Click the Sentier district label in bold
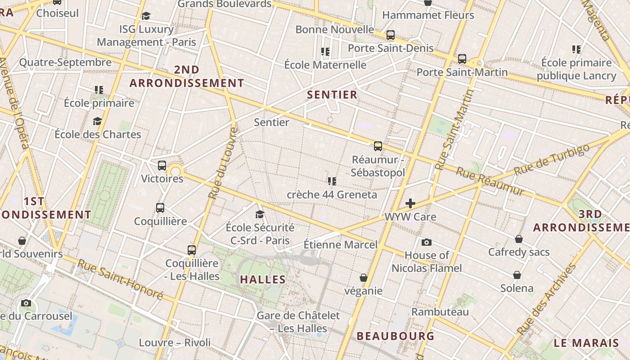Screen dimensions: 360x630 [x=332, y=95]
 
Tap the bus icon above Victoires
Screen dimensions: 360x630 [x=162, y=165]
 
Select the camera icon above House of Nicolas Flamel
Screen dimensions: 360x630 [x=427, y=243]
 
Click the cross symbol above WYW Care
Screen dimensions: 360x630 [x=410, y=203]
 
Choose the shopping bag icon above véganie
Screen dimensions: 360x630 [x=364, y=278]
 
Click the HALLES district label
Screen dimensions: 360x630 [x=263, y=279]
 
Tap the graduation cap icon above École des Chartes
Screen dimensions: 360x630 [x=97, y=121]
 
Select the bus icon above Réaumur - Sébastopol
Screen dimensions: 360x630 [x=378, y=146]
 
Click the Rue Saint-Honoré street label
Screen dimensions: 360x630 [x=120, y=279]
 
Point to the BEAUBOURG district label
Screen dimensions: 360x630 [x=396, y=336]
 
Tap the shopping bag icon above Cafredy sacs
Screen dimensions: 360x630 [x=519, y=239]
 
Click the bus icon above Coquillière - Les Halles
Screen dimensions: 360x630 [x=192, y=250]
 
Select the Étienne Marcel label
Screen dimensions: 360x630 [x=341, y=245]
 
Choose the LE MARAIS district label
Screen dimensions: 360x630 [x=586, y=343]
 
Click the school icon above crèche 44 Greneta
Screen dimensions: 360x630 [x=332, y=181]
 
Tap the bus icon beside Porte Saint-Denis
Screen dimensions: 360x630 [x=391, y=35]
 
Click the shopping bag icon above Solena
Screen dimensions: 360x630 [x=517, y=275]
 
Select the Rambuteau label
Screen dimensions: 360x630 [x=440, y=312]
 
